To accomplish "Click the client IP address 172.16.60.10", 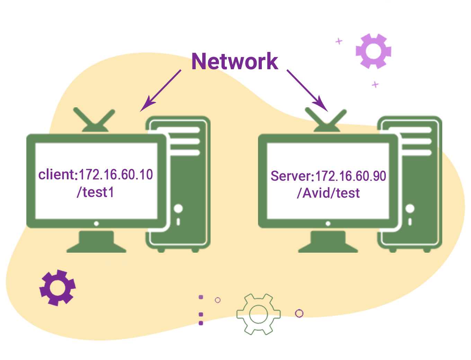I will pyautogui.click(x=116, y=175).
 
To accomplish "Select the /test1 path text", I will pyautogui.click(x=95, y=192).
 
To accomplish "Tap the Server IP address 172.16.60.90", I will pyautogui.click(x=350, y=176).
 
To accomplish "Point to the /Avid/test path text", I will pyautogui.click(x=328, y=193).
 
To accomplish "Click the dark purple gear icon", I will pyautogui.click(x=57, y=287).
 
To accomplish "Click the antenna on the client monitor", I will pyautogui.click(x=94, y=120).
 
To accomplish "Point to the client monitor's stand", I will pyautogui.click(x=96, y=241).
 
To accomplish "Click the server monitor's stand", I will pyautogui.click(x=328, y=241).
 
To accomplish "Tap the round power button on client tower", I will pyautogui.click(x=178, y=209).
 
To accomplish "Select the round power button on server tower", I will pyautogui.click(x=410, y=209).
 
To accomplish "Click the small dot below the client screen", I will pyautogui.click(x=96, y=224).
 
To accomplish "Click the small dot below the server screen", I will pyautogui.click(x=328, y=224).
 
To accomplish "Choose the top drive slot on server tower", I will pyautogui.click(x=412, y=130).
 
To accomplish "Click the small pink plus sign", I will pyautogui.click(x=339, y=42).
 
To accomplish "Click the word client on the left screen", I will pyautogui.click(x=56, y=175).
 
